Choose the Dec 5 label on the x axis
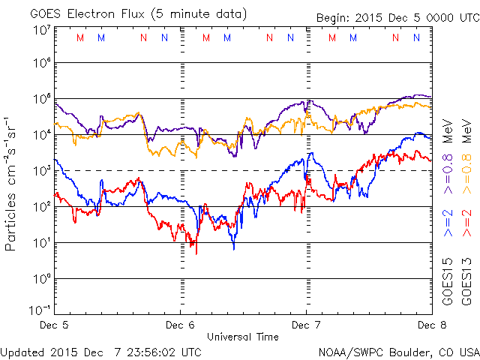[x=55, y=325]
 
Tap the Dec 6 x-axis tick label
[x=180, y=325]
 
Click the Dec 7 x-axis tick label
[x=305, y=325]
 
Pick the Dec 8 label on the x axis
[x=426, y=325]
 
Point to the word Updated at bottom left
[x=22, y=351]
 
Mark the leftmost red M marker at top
[x=80, y=37]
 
